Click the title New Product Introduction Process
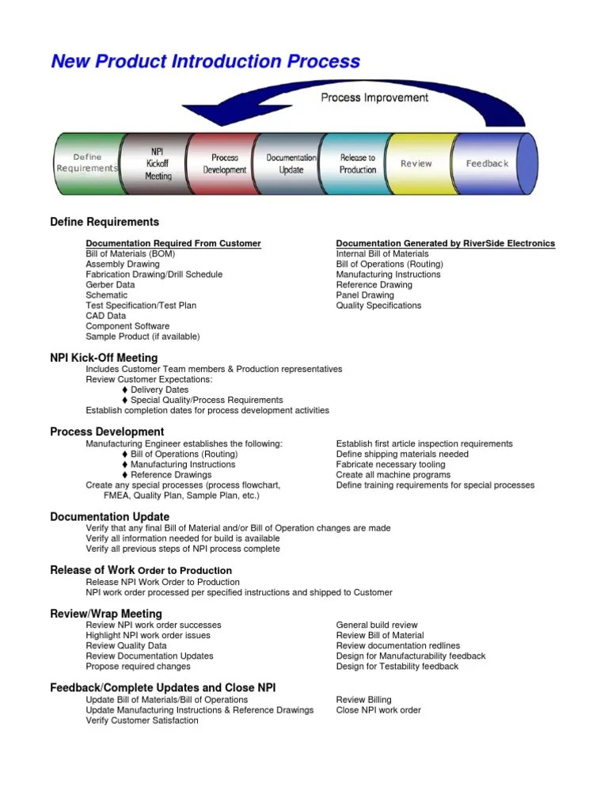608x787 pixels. tap(205, 62)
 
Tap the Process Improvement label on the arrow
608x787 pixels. tap(374, 97)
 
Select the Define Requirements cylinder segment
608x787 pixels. tap(87, 163)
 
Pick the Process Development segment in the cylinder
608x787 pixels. tap(225, 164)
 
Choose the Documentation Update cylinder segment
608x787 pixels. tap(291, 164)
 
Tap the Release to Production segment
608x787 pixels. tap(358, 164)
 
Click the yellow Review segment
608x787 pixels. tap(416, 164)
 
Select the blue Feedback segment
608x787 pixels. tap(487, 164)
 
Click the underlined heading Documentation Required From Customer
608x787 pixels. tap(173, 243)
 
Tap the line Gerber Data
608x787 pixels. tap(110, 285)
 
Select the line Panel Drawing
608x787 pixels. tap(365, 295)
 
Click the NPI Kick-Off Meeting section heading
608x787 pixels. tap(104, 358)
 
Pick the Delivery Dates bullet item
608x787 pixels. tap(159, 390)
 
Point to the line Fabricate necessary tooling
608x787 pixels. tap(390, 465)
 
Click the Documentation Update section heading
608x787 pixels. tap(109, 517)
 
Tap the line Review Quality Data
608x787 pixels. tap(126, 645)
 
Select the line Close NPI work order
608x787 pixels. tap(378, 710)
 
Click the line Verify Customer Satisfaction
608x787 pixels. tap(142, 720)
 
